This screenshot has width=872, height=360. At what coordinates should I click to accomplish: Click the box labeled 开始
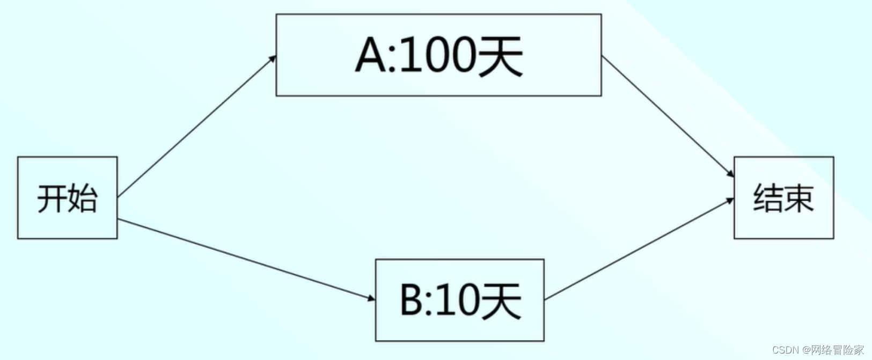(67, 197)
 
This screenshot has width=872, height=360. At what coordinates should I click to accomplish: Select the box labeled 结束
(783, 197)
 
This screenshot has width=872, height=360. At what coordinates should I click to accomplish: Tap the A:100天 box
(438, 55)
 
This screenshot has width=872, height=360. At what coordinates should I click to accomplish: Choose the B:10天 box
(459, 300)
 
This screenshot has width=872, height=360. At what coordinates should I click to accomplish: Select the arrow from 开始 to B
(246, 259)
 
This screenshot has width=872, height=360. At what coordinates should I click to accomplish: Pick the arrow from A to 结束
(668, 116)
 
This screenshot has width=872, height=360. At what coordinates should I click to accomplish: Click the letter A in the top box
(371, 55)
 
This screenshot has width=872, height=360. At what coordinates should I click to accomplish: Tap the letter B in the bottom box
(412, 300)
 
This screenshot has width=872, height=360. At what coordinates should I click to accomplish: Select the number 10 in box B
(458, 300)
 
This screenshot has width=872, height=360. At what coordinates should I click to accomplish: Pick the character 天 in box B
(500, 300)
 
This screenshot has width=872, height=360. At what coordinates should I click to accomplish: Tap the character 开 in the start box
(52, 198)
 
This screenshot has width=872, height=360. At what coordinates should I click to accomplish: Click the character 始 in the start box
(82, 198)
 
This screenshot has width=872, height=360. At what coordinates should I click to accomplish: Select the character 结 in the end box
(768, 198)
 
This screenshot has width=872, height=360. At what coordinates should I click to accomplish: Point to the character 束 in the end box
(799, 198)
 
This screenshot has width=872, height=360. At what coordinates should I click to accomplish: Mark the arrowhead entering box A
(273, 58)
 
